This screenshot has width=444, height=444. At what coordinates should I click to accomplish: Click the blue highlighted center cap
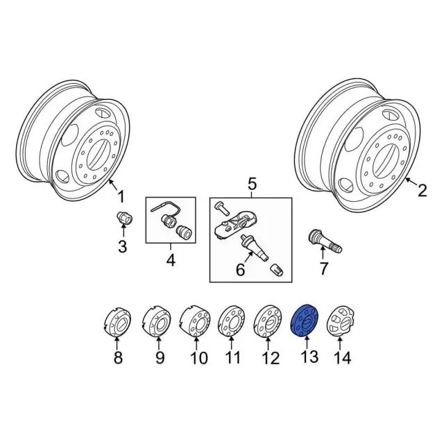(305, 321)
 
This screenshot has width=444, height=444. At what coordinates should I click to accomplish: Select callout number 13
(309, 357)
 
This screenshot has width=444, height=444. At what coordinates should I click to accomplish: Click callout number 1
(121, 196)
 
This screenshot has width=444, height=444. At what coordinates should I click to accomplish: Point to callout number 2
(422, 191)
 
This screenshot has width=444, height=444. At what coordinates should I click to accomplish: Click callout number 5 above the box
(252, 184)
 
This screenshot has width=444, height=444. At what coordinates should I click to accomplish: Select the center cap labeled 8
(117, 323)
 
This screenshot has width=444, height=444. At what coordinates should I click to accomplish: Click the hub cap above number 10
(195, 321)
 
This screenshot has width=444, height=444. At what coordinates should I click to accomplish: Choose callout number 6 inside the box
(240, 270)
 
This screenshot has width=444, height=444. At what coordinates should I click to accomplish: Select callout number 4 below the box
(171, 260)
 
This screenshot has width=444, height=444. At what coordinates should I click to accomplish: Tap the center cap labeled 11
(232, 321)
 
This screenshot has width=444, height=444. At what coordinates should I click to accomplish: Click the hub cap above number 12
(268, 321)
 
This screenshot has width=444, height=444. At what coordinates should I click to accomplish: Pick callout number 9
(160, 358)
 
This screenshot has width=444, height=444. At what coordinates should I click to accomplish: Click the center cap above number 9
(156, 321)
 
